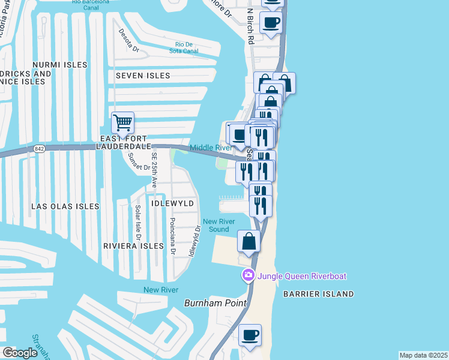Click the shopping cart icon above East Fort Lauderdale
coord(122,123)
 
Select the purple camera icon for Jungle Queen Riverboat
coord(247,275)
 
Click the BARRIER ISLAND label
coord(320,294)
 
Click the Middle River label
coord(211,148)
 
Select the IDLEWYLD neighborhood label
coord(173,203)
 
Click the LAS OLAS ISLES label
coord(65,206)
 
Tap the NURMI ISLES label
coord(59,64)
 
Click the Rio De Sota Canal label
coord(187,48)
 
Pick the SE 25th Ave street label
coord(154,174)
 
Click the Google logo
coord(20,353)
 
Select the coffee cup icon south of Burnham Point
coord(250,335)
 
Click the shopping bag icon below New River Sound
coord(249,241)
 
